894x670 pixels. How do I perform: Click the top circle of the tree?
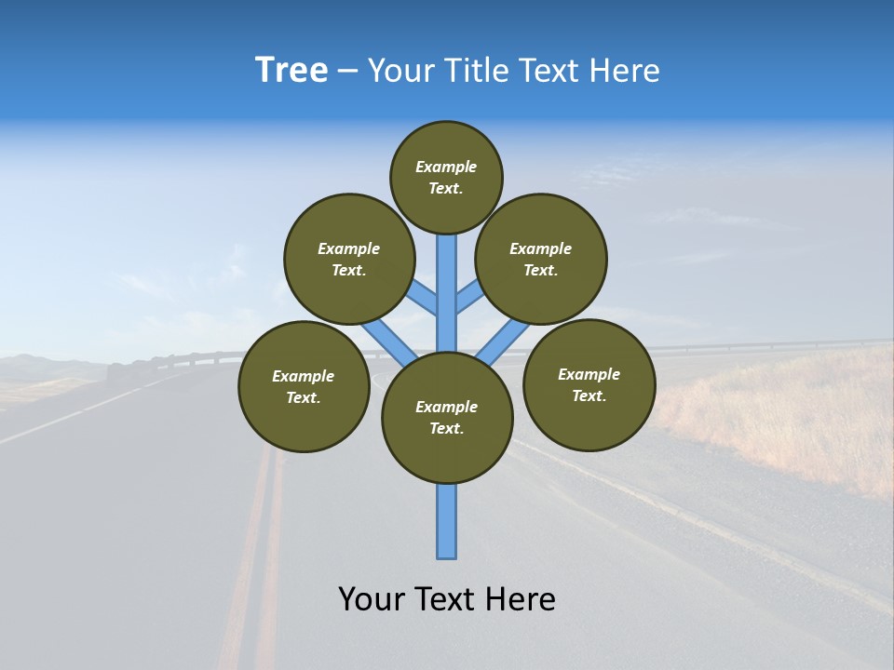446,177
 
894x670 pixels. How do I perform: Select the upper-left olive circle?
348,259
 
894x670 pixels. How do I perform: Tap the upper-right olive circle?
541,259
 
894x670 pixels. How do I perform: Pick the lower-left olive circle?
304,386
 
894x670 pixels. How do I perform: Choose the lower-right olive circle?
589,384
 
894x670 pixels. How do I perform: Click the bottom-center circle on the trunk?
447,418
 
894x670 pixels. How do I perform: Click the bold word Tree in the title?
291,70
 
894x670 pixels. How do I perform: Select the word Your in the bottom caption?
372,599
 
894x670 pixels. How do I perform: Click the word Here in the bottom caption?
522,599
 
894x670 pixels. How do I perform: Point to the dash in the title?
347,72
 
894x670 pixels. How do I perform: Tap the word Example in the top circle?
446,167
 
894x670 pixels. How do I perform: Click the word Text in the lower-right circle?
589,395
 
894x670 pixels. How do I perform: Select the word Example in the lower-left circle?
303,376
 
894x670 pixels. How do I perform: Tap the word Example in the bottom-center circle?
446,407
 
